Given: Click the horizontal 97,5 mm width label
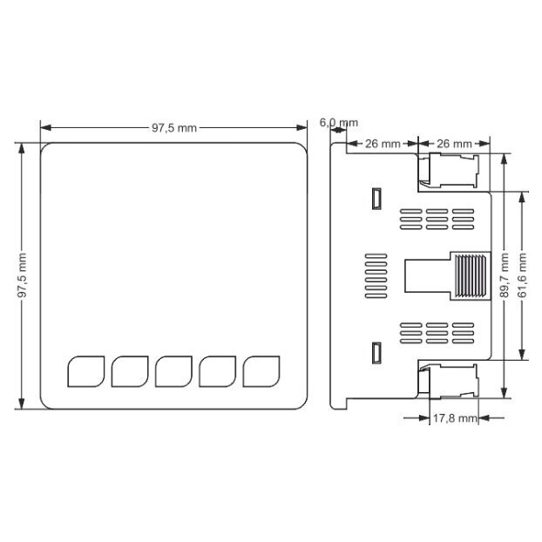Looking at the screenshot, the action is (174, 128).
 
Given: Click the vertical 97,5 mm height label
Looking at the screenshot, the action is (22, 275).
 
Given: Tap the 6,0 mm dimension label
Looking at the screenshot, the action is (338, 122).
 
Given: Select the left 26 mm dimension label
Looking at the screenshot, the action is (383, 144).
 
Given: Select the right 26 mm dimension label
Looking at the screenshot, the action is (454, 144).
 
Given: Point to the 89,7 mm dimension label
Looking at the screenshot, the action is (505, 275).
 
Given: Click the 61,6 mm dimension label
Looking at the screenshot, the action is (522, 275).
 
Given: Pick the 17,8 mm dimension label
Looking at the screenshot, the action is (455, 418).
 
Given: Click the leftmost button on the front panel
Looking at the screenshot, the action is (86, 371).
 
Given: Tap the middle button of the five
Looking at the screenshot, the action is (174, 371).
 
